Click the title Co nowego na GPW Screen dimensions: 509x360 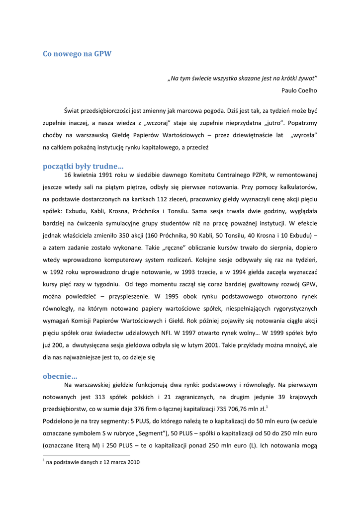coord(77,54)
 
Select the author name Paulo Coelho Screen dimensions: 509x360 coord(299,90)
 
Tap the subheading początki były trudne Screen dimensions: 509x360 coord(83,166)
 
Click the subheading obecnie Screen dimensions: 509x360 coord(60,376)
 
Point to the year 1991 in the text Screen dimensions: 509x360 coord(102,175)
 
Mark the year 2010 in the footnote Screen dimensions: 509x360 coord(132,462)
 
